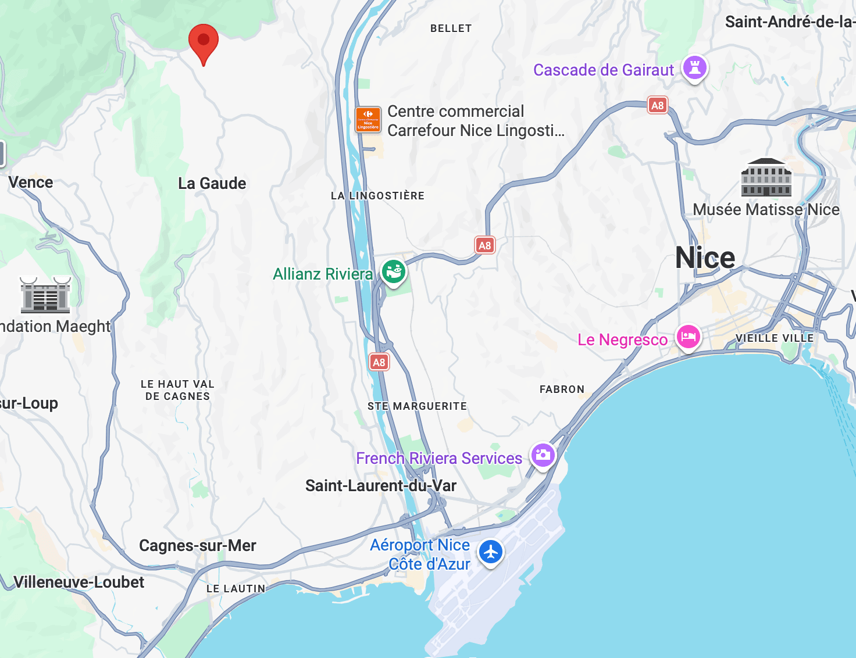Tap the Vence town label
click(31, 183)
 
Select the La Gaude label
click(212, 184)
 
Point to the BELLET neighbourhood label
click(451, 28)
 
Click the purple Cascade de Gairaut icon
click(694, 67)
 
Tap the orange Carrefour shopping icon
click(368, 119)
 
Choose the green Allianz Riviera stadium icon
click(394, 271)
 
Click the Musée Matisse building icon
click(766, 177)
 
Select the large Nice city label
click(705, 258)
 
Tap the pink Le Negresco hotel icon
click(688, 337)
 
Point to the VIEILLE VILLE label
click(774, 338)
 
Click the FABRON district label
click(562, 389)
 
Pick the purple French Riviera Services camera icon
click(543, 455)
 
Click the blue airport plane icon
click(491, 552)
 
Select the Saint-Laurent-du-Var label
click(381, 485)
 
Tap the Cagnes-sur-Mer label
click(198, 546)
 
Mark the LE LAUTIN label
click(236, 589)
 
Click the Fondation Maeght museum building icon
click(45, 294)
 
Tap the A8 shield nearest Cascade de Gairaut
click(657, 106)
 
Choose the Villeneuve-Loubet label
click(79, 582)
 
